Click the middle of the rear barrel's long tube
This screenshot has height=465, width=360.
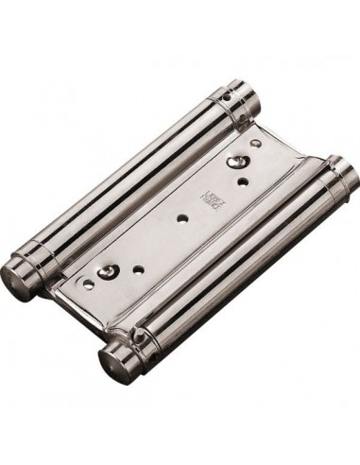tap(132, 189)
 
